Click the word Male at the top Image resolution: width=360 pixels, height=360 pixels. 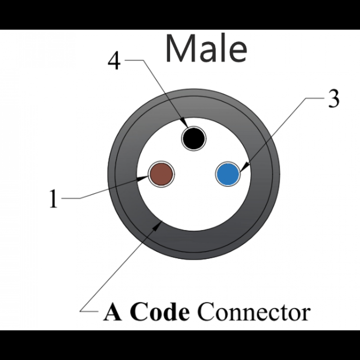tap(206, 49)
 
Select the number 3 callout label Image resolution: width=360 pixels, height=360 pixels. tap(333, 99)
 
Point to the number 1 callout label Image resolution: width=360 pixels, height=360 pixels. tap(54, 198)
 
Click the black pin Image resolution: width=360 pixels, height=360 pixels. tap(193, 138)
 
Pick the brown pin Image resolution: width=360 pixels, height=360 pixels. tap(161, 174)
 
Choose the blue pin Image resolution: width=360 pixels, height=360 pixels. tap(228, 174)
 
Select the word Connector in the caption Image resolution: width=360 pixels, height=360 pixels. tap(254, 312)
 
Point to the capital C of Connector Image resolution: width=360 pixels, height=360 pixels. tap(206, 312)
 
